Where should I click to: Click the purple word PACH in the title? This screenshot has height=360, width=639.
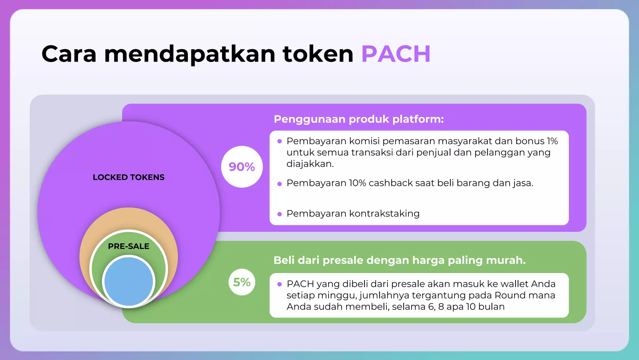[x=396, y=54]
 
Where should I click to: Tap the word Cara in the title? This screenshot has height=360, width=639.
[x=69, y=54]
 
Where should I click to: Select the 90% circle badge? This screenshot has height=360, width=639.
[x=242, y=167]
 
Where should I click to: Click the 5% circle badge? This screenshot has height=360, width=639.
[x=242, y=282]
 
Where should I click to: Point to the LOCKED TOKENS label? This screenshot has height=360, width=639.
[x=129, y=177]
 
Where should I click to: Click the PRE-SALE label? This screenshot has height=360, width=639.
[x=129, y=246]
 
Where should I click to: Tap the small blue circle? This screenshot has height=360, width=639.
[x=129, y=281]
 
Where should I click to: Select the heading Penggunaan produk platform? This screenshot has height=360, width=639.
[x=359, y=119]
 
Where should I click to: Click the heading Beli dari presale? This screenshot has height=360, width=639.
[x=399, y=260]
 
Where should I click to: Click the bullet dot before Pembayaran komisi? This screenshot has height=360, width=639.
[x=280, y=142]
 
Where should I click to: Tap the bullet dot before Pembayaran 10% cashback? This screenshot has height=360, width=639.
[x=280, y=184]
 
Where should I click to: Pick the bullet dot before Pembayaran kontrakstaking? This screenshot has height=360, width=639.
[x=280, y=214]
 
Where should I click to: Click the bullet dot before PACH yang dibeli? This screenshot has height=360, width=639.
[x=280, y=284]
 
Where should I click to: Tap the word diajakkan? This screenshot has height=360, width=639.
[x=310, y=164]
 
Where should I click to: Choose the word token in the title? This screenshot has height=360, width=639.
[x=318, y=54]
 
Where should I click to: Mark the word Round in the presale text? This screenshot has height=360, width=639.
[x=509, y=295]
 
